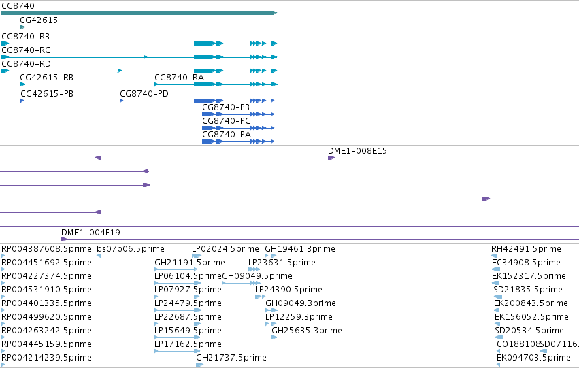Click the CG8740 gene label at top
[x=18, y=6]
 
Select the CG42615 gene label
[x=39, y=20]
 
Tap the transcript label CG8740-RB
[x=25, y=37]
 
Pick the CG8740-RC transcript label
[x=26, y=50]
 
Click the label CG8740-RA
[x=179, y=78]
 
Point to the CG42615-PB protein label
[x=47, y=94]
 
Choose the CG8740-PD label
[x=144, y=94]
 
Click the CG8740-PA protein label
[x=227, y=135]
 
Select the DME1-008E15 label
[x=357, y=151]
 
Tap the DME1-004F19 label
[x=90, y=233]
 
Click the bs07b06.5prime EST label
[x=131, y=249]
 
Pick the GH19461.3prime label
[x=300, y=249]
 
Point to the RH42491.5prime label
[x=526, y=249]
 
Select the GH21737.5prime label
[x=231, y=358]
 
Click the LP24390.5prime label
[x=288, y=290]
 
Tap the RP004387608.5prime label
[x=46, y=249]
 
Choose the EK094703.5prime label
[x=533, y=358]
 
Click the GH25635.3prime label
[x=306, y=331]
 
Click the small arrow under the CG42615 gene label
[x=22, y=27]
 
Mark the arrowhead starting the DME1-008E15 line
[x=331, y=158]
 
